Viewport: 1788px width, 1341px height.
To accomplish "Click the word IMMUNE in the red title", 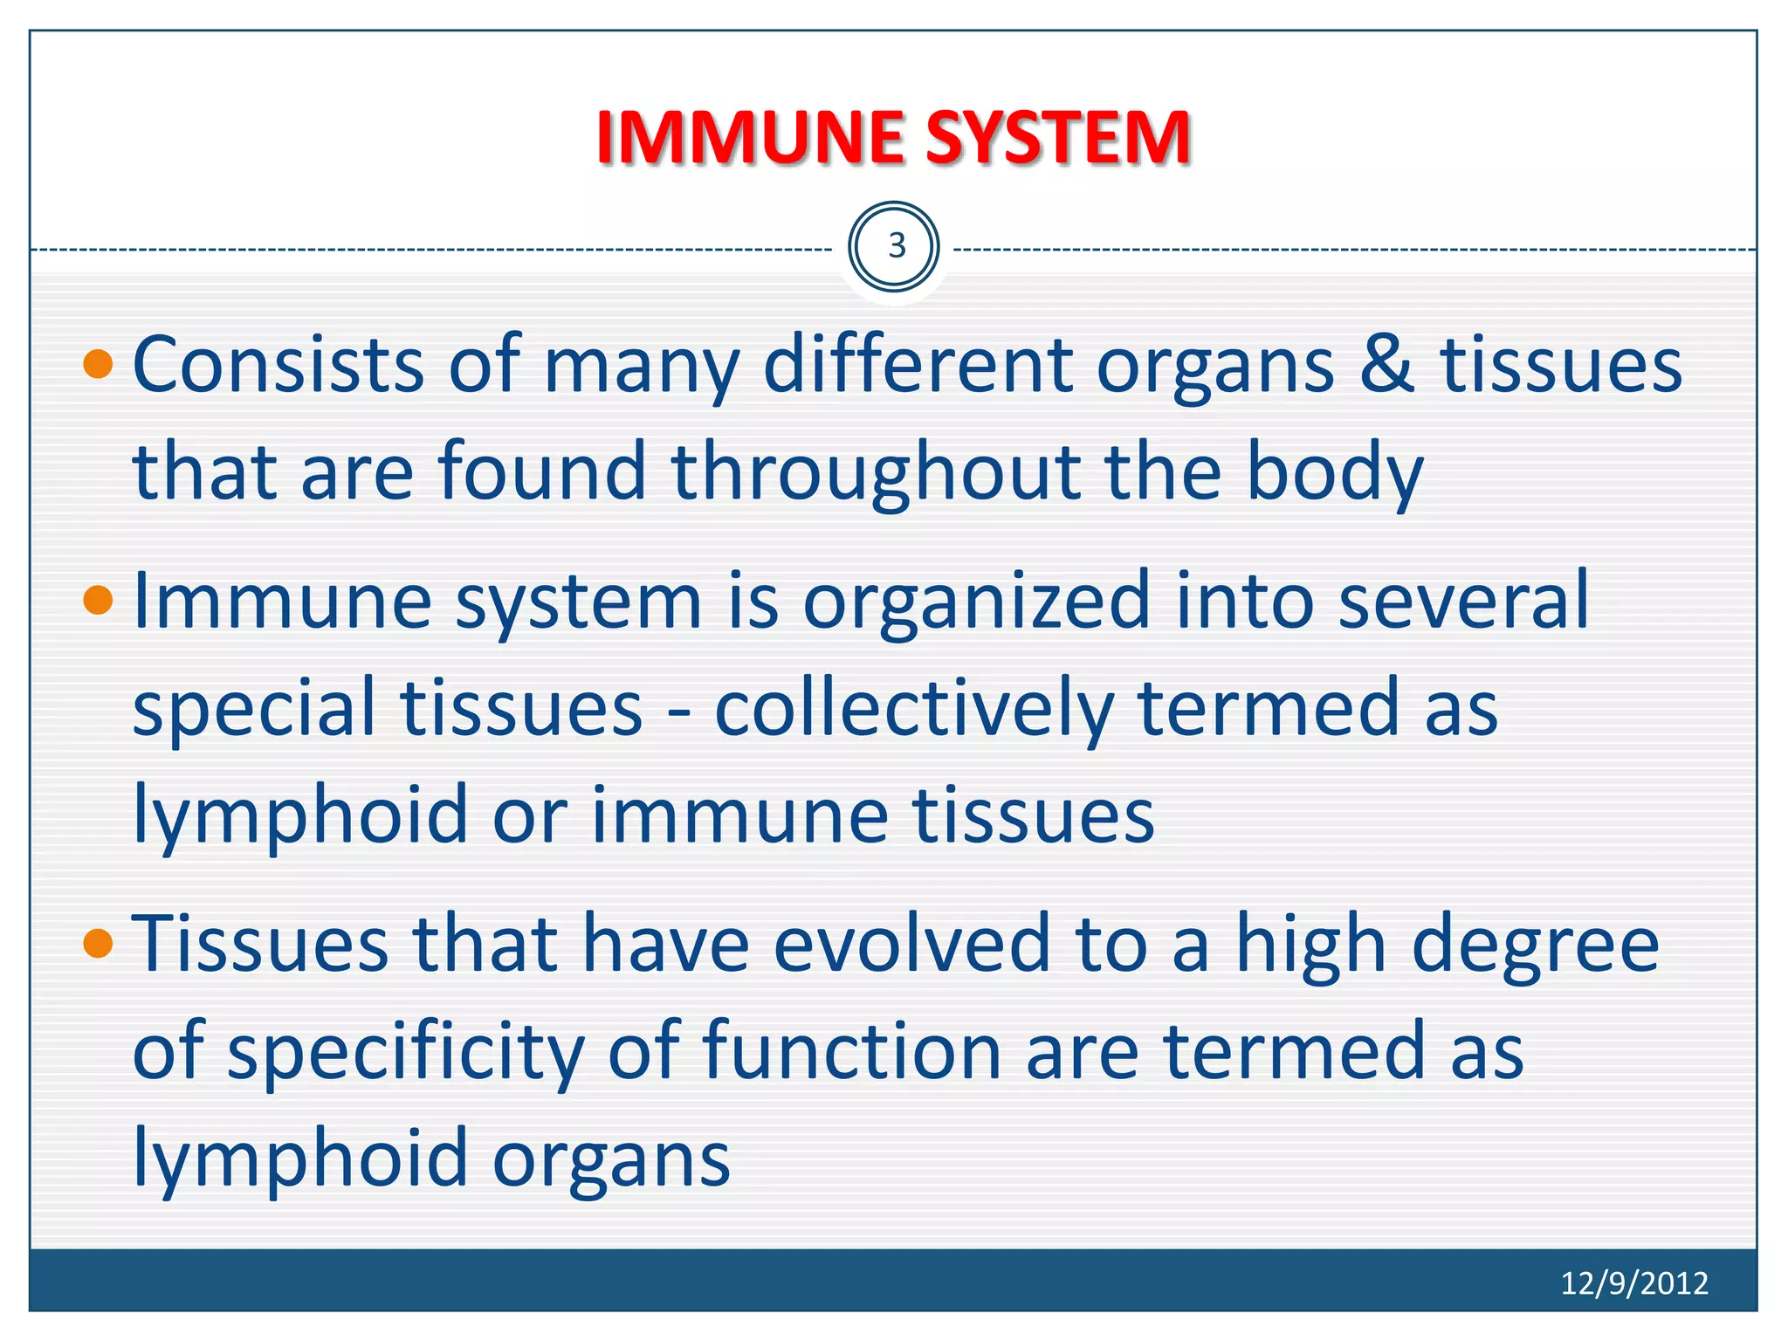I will tap(751, 138).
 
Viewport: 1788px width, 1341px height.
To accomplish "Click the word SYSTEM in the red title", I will tap(1058, 138).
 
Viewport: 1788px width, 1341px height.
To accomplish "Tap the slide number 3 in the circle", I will tap(895, 247).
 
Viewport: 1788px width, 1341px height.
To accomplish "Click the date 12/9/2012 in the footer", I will tap(1633, 1283).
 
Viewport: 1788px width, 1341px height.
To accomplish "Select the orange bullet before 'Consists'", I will tap(99, 364).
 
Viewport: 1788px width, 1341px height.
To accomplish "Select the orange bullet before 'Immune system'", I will tap(99, 601).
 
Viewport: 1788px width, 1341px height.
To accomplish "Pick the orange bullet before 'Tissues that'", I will tap(99, 944).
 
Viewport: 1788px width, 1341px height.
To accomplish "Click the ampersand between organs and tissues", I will tap(1386, 364).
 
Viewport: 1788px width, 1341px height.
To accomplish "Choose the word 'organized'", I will tap(976, 601).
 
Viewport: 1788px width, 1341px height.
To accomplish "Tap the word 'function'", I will tap(851, 1050).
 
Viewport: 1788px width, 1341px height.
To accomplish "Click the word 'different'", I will tap(918, 364).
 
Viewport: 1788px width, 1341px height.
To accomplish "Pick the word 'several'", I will tap(1463, 601).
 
